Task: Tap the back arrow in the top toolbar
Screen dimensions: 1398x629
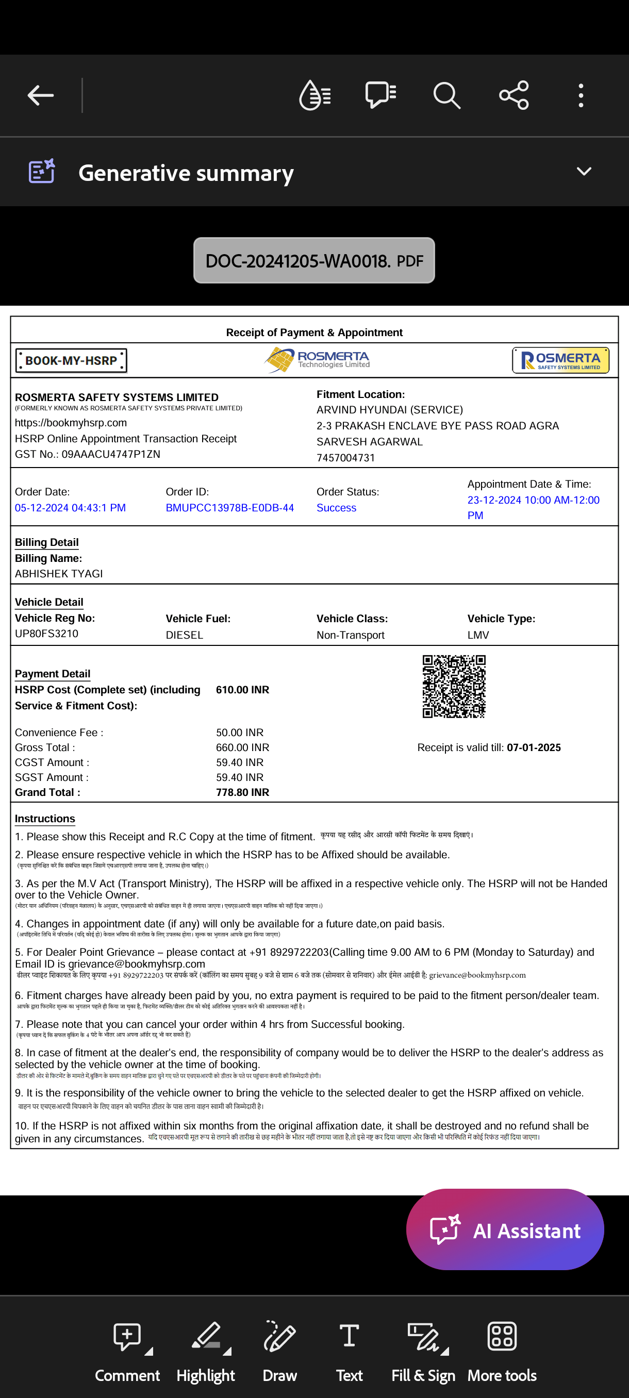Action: (x=41, y=95)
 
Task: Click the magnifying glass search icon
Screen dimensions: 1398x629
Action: (x=446, y=95)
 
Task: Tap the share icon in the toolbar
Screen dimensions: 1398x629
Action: (x=514, y=95)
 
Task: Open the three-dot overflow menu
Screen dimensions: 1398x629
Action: (x=581, y=95)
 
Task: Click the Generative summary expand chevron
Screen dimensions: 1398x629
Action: (x=584, y=172)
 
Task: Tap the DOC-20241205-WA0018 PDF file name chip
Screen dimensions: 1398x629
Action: (x=313, y=260)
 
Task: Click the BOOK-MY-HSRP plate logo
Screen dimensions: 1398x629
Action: (x=71, y=360)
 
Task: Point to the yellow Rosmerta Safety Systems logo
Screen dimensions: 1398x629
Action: (x=560, y=360)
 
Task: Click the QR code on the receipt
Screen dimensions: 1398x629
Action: (x=454, y=686)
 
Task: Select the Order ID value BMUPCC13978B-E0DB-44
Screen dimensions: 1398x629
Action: (x=229, y=508)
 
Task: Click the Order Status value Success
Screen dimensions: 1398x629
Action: (x=336, y=508)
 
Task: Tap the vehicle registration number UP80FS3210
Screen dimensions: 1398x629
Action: (x=47, y=634)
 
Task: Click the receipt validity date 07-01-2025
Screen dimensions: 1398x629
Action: (x=534, y=747)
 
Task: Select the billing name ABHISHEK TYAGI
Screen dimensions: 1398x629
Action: (x=59, y=574)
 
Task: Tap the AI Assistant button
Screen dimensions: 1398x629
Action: (x=505, y=1230)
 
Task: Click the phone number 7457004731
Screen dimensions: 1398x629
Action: (x=346, y=458)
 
